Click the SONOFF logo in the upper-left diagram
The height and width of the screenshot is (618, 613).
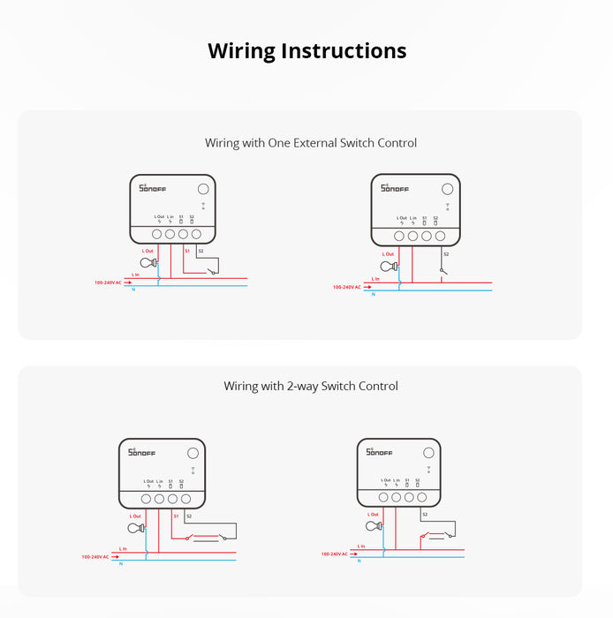click(x=154, y=188)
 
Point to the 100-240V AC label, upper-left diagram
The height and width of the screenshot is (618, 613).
click(x=110, y=283)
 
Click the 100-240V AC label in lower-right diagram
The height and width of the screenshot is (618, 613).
click(x=337, y=554)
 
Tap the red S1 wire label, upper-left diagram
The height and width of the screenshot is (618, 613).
click(x=187, y=252)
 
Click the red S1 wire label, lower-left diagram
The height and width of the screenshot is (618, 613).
click(x=177, y=515)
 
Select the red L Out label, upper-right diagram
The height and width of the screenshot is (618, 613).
click(x=388, y=254)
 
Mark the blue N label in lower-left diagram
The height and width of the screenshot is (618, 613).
click(x=121, y=563)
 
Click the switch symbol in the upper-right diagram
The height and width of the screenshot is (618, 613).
click(x=443, y=270)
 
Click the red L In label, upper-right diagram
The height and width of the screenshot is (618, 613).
click(x=375, y=278)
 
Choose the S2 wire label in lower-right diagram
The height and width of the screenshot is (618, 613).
click(x=424, y=514)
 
